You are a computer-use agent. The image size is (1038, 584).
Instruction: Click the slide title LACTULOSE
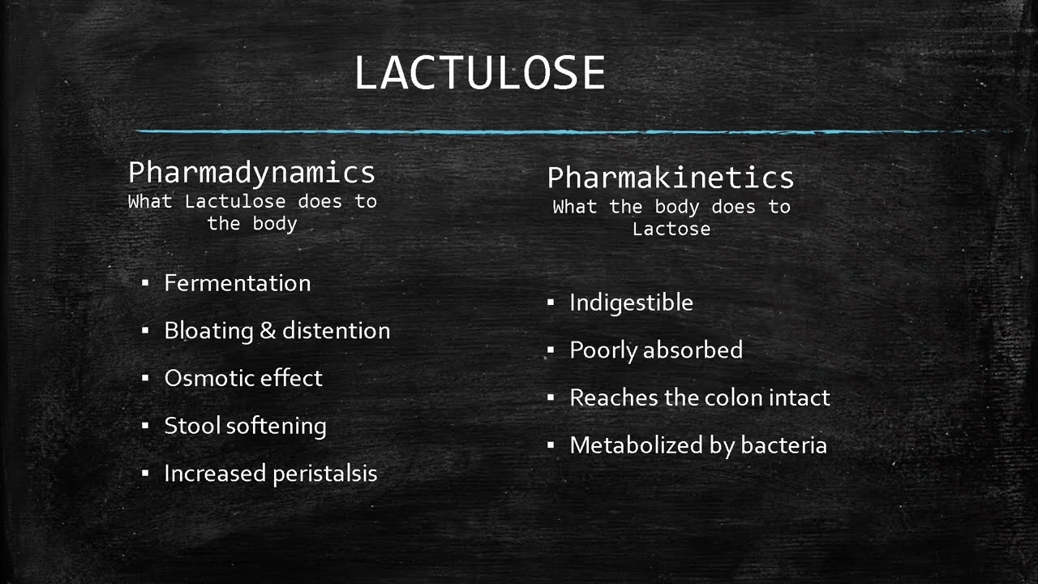point(479,73)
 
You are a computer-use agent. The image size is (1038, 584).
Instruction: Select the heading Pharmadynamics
point(251,173)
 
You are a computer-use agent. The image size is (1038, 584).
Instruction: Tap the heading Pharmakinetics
point(671,178)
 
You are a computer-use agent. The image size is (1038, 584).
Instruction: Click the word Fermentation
point(237,283)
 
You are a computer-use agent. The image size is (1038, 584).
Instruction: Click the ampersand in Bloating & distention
point(268,331)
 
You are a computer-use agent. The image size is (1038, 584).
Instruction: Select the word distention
point(336,331)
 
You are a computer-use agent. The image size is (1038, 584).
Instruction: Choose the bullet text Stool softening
point(245,426)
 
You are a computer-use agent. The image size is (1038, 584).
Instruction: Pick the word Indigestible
point(631,303)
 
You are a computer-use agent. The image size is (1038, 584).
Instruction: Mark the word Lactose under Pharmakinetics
point(671,229)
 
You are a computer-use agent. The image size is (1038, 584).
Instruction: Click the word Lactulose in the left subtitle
point(235,201)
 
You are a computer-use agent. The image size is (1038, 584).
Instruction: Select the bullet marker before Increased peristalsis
point(145,474)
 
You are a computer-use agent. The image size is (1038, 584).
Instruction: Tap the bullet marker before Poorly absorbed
point(551,350)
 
